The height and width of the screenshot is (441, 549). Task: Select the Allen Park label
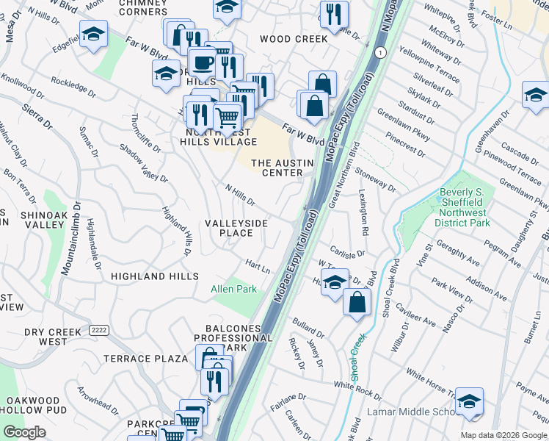point(234,289)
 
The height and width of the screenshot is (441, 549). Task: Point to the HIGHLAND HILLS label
point(154,276)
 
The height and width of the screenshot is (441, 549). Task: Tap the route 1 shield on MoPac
point(379,53)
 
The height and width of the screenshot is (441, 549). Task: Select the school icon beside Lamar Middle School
point(469,401)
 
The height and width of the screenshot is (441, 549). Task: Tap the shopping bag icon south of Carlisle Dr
point(357,302)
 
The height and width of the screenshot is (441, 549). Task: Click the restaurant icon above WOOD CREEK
point(334,14)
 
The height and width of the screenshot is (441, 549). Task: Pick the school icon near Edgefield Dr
point(93,35)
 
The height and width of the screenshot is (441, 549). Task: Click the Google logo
point(24,432)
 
